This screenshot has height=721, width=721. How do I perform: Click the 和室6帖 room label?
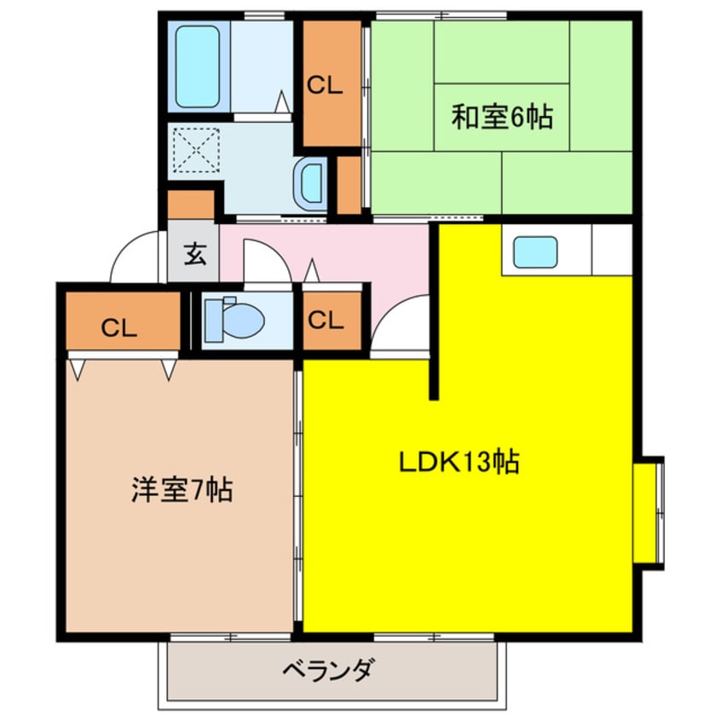pos(502,117)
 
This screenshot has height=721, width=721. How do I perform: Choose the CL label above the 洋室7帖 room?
pos(119,328)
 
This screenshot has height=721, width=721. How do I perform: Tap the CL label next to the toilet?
pos(326,320)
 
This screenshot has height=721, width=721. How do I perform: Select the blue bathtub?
pos(198,66)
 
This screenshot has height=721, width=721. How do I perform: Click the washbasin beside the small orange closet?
pos(310,182)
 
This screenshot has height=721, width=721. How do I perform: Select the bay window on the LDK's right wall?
pos(649,509)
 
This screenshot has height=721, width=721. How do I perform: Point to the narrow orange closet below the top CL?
pos(349,183)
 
